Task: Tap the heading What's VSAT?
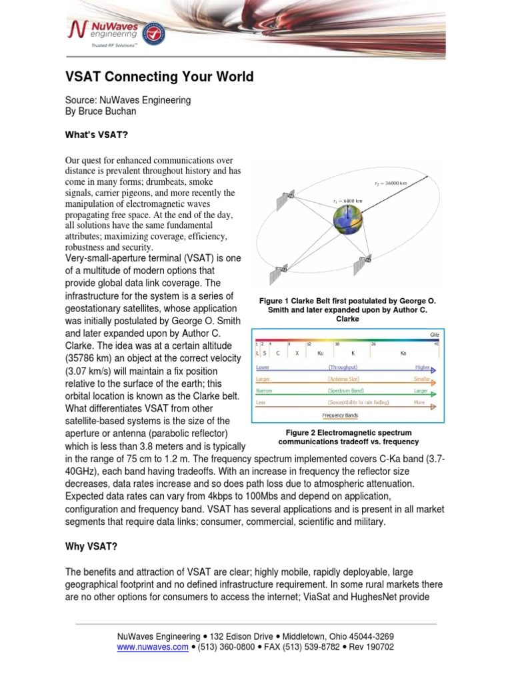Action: click(95, 135)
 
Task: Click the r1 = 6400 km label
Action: click(347, 200)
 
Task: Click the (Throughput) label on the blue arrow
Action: click(342, 368)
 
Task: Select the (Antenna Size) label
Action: click(343, 380)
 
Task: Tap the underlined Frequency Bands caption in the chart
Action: click(340, 416)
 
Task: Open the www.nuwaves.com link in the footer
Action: click(153, 647)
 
